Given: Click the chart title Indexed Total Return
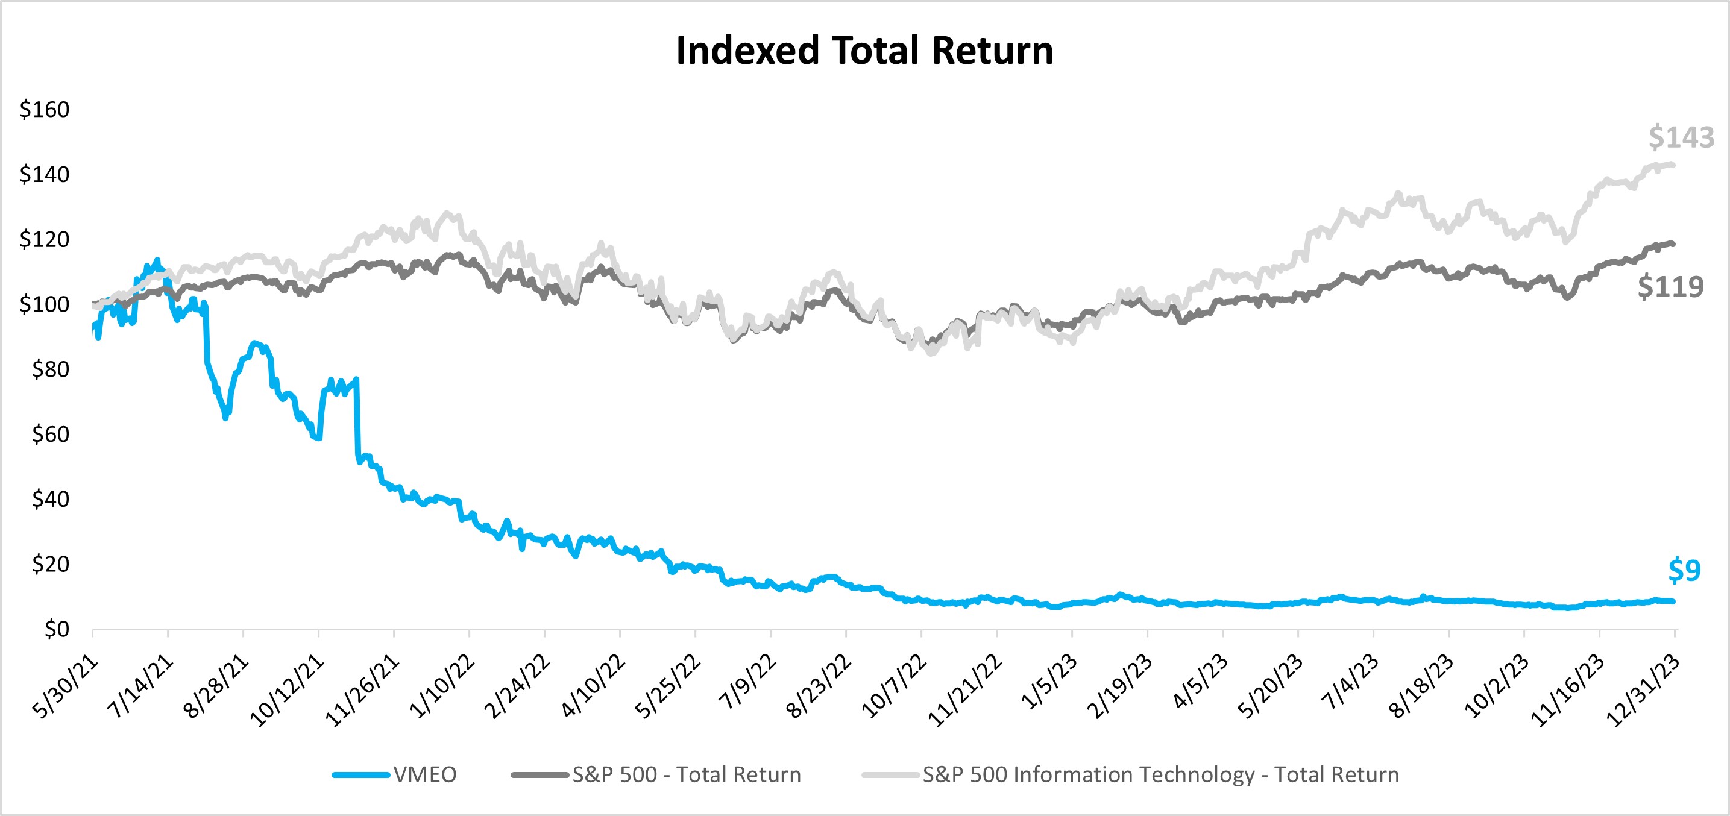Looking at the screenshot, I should coord(864,51).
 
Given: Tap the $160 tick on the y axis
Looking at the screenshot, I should coord(45,110).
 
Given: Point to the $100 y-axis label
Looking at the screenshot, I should coord(45,304).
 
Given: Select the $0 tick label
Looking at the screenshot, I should coord(57,629).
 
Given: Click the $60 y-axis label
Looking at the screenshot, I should coord(51,435).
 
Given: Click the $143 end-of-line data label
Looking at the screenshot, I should coord(1681,137).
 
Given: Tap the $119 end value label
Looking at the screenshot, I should coord(1670,287).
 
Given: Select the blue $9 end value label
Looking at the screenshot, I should coord(1684,571).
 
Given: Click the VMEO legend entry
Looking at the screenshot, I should coord(424,775).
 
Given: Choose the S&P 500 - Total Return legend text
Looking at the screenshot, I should coord(687,775).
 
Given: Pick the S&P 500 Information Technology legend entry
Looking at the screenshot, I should coord(1160,775).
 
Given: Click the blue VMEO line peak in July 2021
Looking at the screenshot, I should coord(157,260).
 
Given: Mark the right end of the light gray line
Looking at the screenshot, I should coord(1672,165).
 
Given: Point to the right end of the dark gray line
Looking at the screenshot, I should coord(1672,243).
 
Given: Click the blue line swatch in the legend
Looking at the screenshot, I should coord(361,775).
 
